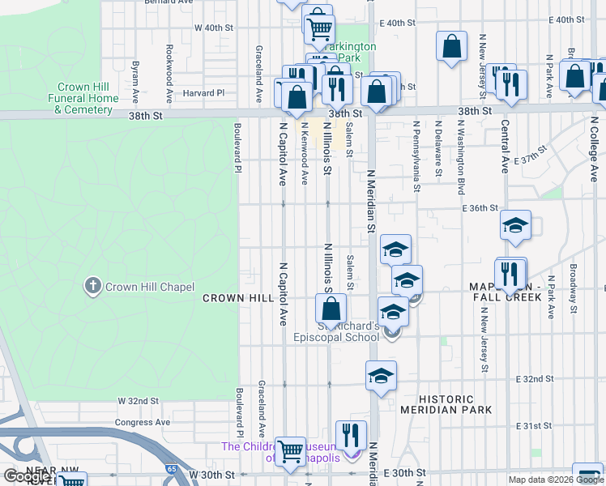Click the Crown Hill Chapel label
point(150,287)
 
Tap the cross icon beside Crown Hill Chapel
point(93,286)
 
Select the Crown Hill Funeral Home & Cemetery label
point(87,98)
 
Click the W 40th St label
point(214,28)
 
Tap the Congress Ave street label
point(143,422)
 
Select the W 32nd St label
point(138,401)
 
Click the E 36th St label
point(479,208)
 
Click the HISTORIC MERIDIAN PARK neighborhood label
point(446,404)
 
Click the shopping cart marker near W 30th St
point(290,451)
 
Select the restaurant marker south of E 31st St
point(351,435)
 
